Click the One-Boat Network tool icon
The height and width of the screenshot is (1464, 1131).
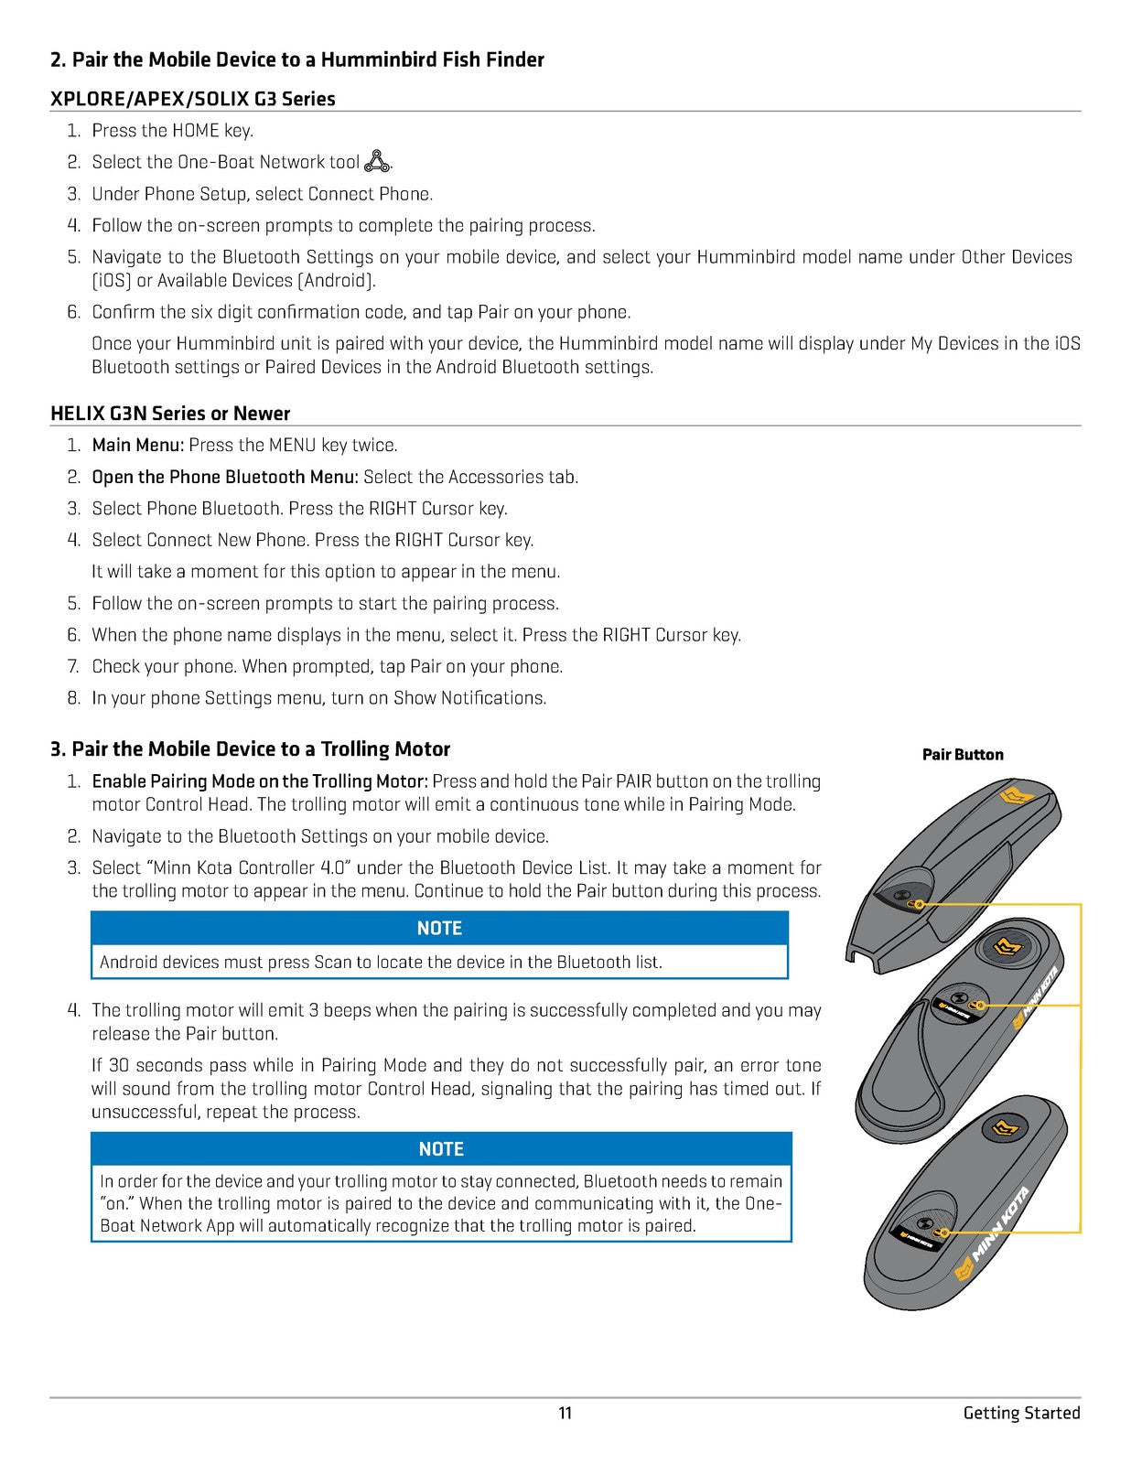(377, 162)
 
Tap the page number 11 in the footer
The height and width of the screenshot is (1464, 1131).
(565, 1413)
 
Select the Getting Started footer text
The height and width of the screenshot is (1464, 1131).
(1021, 1413)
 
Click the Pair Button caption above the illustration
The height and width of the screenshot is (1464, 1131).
(963, 755)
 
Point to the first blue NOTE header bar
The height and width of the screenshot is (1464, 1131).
(439, 928)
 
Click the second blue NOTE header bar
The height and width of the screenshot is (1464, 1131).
(441, 1148)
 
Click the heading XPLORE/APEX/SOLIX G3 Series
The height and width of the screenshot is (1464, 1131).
(193, 99)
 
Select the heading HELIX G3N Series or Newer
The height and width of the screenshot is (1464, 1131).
(170, 414)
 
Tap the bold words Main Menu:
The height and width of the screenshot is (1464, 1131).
(138, 446)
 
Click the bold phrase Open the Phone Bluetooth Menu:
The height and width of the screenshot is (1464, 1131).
(225, 477)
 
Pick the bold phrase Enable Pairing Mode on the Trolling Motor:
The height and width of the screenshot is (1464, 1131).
(260, 781)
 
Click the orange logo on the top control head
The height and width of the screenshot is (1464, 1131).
(1016, 794)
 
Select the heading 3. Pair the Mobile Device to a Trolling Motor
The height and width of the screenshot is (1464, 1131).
(250, 749)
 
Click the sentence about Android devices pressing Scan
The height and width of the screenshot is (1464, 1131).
(381, 963)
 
